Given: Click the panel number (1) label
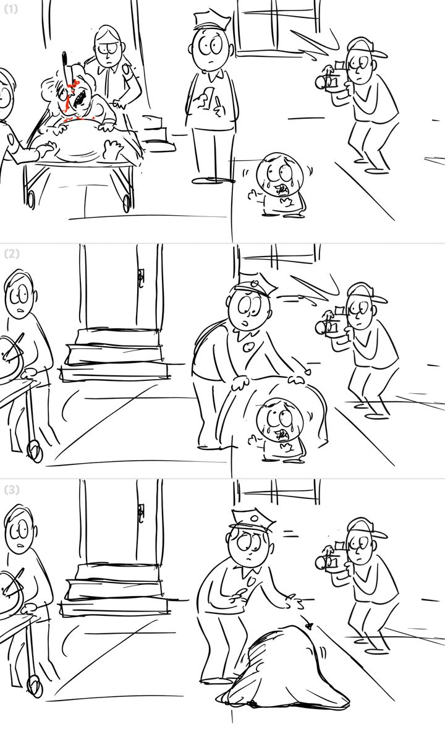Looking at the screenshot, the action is pyautogui.click(x=11, y=9).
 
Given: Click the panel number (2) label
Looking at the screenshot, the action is pyautogui.click(x=12, y=254).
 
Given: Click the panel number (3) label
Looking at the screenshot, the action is pyautogui.click(x=12, y=490).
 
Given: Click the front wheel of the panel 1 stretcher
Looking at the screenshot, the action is pyautogui.click(x=126, y=203).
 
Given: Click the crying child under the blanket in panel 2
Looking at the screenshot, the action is pyautogui.click(x=278, y=429).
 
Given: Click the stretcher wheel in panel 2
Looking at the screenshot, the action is pyautogui.click(x=35, y=451).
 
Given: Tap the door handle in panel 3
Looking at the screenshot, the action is pyautogui.click(x=141, y=514).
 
